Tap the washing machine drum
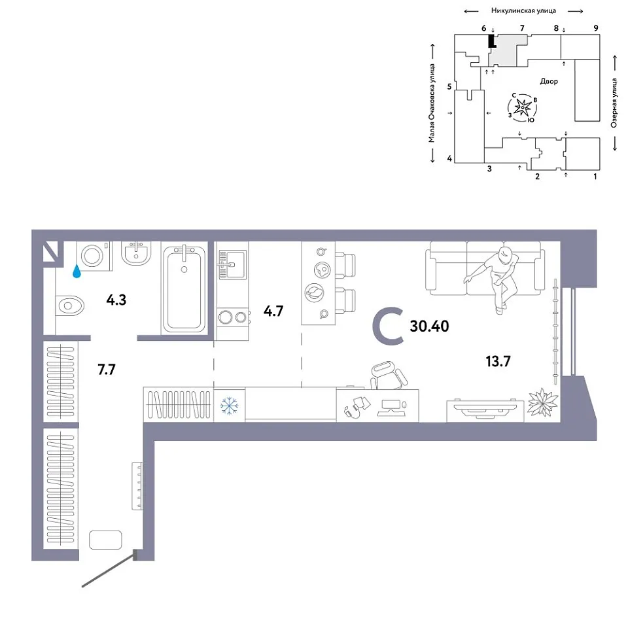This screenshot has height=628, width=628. point(92,256)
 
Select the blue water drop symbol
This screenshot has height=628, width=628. point(77,271)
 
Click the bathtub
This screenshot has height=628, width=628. point(184,288)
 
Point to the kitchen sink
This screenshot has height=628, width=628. point(232,264)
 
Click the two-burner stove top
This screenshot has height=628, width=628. point(233,317)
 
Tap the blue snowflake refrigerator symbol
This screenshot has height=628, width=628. point(230,406)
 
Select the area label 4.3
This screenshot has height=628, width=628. point(116,300)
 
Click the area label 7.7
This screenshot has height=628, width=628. point(107,369)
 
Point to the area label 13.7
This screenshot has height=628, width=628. point(498,361)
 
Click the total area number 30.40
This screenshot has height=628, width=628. point(429,326)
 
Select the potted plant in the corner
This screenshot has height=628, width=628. point(543,402)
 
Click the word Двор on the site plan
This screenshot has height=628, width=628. point(549,81)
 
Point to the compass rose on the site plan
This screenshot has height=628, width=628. point(523,107)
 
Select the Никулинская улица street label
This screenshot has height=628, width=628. point(523,11)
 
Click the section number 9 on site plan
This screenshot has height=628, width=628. point(596,28)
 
